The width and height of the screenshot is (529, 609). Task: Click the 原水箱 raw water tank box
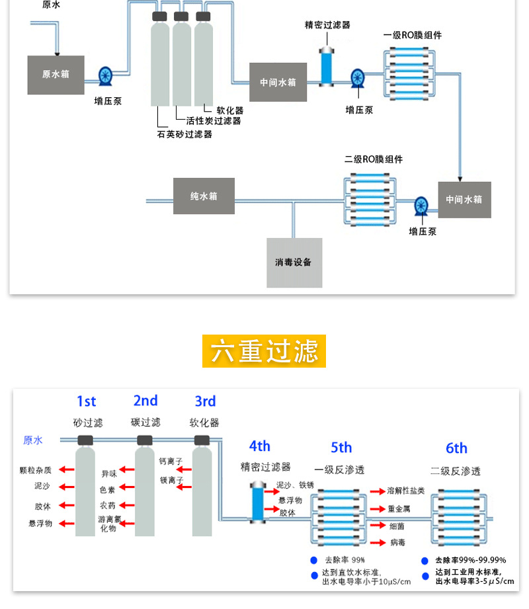point(56,75)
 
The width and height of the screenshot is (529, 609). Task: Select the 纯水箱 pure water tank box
point(204,196)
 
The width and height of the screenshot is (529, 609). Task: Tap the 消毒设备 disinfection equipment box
point(294,263)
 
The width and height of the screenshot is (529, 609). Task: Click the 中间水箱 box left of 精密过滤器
point(278,83)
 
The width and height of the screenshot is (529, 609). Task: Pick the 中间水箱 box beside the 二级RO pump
point(464,200)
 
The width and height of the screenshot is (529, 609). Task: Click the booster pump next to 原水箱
point(106,76)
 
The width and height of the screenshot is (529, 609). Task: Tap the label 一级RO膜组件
point(412,35)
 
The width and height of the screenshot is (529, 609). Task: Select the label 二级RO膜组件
point(374,159)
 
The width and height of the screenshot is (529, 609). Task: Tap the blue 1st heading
point(86,401)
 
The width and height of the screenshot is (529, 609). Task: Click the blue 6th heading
point(456,448)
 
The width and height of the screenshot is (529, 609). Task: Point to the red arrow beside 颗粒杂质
point(65,470)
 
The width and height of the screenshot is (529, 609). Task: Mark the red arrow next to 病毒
point(378,542)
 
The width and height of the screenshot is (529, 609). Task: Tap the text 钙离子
point(171,461)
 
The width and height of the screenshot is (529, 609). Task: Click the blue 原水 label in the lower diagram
point(33,440)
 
